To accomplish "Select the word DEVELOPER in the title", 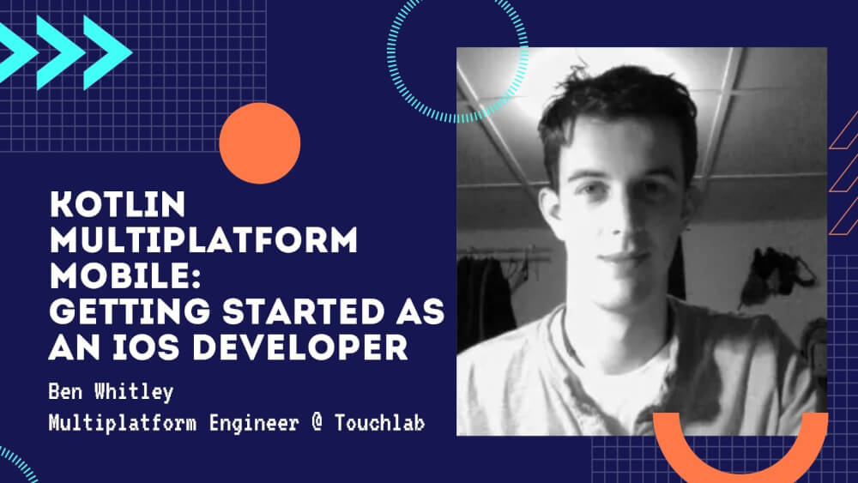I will click(x=300, y=347).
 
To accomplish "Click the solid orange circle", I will click(x=259, y=142).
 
